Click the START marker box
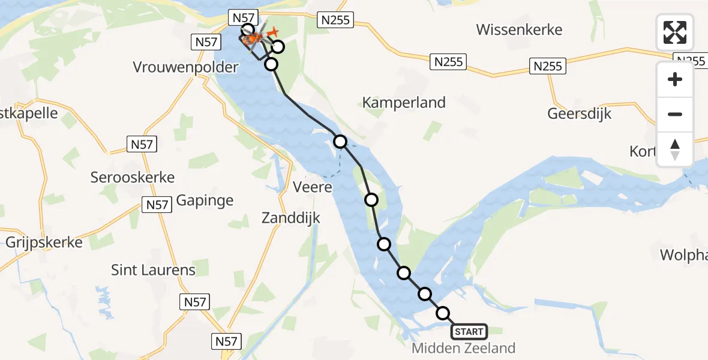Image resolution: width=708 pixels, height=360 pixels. pos(469,331)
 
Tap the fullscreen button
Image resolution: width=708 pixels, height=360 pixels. pos(675,32)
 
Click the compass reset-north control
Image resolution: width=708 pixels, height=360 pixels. pos(675,149)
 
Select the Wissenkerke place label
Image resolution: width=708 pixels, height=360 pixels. pos(519,29)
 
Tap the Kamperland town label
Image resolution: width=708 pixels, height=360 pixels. pos(404,103)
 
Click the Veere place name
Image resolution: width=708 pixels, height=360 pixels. pos(313,187)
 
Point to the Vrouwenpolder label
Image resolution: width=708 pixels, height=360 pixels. pos(185,67)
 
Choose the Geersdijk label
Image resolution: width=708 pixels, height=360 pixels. pos(579,114)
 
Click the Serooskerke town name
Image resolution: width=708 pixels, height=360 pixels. pos(133,177)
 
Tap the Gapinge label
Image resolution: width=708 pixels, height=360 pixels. pos(205,200)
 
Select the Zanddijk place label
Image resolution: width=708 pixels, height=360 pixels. pos(291,218)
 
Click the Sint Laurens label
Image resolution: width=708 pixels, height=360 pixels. pos(154,270)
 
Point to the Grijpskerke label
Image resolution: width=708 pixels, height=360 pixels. pos(44,242)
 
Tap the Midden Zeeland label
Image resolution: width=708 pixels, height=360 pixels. pos(464,348)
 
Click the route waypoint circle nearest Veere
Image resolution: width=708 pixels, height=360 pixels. pos(340,142)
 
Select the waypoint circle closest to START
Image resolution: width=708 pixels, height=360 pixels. pos(443,313)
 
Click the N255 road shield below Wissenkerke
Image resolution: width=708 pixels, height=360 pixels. pos(448,62)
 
